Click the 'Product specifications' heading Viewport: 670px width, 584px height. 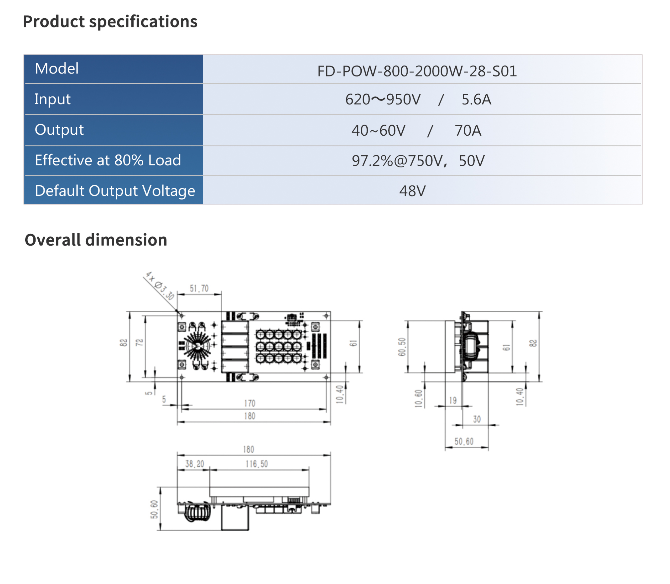[110, 21]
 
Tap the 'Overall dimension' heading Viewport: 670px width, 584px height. [96, 240]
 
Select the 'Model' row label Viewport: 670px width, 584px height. [57, 69]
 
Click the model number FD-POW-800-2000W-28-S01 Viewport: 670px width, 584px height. [417, 71]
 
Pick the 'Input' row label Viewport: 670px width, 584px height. [52, 99]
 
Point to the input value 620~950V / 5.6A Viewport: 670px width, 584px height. [418, 99]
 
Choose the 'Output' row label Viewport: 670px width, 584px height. [59, 130]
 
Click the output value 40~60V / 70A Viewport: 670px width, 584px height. [416, 130]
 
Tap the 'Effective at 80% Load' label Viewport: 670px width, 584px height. [108, 160]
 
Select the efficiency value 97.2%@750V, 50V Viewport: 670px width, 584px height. [418, 161]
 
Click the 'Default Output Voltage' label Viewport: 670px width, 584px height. [115, 191]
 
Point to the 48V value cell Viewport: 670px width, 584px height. [412, 191]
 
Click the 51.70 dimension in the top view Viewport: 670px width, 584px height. [199, 288]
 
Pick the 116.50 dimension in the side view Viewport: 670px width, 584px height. [257, 464]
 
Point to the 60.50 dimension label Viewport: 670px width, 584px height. [402, 347]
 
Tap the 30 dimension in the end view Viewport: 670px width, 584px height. [477, 419]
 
